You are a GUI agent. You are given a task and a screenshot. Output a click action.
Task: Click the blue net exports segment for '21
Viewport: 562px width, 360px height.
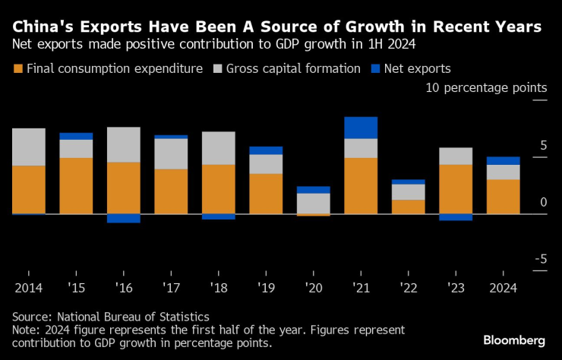tap(361, 128)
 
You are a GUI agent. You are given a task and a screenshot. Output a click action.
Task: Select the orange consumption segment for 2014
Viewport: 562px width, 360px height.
tap(28, 189)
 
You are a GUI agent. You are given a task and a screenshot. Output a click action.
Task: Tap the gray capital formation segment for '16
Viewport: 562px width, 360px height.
tap(123, 144)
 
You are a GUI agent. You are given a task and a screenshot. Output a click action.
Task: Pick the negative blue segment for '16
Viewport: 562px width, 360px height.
tap(123, 219)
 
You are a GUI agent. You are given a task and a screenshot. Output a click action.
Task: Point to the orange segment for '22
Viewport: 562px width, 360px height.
tap(408, 207)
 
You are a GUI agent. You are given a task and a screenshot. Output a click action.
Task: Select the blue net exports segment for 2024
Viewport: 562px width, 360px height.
tap(503, 160)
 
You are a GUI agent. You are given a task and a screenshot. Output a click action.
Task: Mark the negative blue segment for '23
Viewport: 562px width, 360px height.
tap(456, 217)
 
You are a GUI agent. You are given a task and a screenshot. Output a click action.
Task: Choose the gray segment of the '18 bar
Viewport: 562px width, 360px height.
tap(218, 148)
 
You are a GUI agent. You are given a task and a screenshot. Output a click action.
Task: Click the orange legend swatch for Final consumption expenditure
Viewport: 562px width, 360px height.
tap(17, 68)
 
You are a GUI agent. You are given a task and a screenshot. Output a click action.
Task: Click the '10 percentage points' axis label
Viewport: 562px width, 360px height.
tap(486, 88)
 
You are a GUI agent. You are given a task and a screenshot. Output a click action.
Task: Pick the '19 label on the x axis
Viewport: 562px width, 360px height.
tap(266, 288)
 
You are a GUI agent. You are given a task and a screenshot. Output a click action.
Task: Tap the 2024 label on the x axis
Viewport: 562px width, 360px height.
tap(503, 288)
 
